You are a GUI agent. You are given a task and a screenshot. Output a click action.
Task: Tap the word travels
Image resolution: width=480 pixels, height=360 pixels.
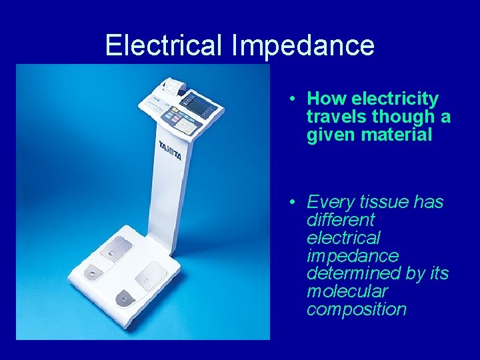coord(337,117)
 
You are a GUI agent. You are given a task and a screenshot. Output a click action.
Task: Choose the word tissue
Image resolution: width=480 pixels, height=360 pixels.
coord(387,202)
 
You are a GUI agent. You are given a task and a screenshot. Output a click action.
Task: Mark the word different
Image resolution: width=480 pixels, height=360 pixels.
coord(341,220)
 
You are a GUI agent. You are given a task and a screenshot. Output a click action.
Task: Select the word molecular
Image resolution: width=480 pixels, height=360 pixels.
coord(347,292)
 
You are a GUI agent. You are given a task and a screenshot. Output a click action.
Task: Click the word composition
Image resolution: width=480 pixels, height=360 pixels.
coord(356,310)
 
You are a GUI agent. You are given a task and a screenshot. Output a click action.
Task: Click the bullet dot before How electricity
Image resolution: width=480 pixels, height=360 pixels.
coord(293,99)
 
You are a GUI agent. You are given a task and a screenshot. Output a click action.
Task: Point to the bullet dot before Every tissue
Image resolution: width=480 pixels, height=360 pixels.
coord(293,202)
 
